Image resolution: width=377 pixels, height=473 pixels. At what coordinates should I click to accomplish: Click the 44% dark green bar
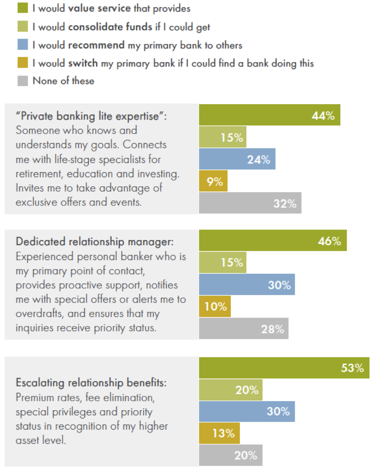pos(269,115)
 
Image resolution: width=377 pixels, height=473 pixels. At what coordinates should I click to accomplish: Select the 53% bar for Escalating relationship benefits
pos(284,368)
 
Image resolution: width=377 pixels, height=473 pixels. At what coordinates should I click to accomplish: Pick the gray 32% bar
pos(250,203)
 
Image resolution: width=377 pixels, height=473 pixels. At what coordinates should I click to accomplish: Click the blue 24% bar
pos(237,159)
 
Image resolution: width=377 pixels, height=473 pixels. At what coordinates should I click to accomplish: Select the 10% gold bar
pos(215,306)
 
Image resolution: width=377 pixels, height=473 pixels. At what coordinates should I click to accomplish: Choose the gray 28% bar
pos(243,329)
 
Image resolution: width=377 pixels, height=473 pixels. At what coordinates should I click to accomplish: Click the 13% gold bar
pos(219,433)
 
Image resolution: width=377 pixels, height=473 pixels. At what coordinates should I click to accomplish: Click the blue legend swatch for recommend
pos(23,45)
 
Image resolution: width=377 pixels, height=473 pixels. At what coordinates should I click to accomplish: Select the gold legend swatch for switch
pos(23,63)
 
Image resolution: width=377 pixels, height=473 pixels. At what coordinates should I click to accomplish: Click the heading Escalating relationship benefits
pos(91,383)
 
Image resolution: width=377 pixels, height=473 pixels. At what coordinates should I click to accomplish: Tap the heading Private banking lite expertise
pos(91,116)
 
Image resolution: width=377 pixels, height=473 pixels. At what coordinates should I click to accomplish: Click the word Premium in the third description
pos(32,397)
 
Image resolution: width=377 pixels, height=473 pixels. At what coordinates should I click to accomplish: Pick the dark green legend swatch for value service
pos(23,8)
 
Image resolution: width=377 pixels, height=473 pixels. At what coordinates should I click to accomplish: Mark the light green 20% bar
pos(230,390)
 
